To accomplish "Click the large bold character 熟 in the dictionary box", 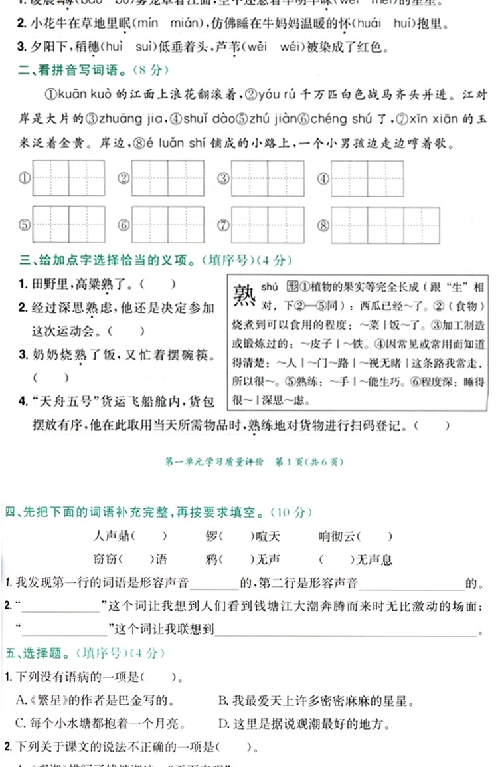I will [242, 294].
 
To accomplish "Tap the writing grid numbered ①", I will [68, 178].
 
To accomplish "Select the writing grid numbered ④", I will [367, 178].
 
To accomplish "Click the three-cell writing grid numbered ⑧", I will [385, 225].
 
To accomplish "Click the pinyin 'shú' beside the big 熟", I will [268, 286].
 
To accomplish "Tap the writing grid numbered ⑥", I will [167, 225].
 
